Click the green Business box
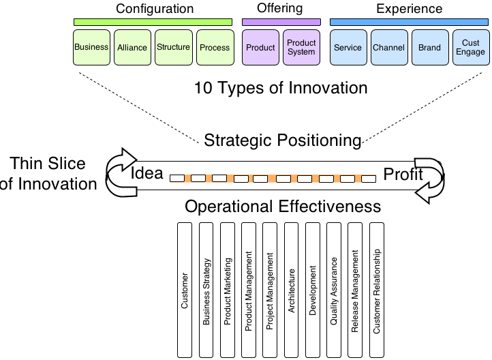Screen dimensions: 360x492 [x=91, y=48]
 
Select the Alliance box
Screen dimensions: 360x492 [x=132, y=48]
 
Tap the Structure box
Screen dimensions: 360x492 [x=173, y=48]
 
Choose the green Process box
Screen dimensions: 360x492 [x=215, y=48]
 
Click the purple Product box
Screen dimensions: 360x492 [x=260, y=48]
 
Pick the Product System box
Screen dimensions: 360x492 [x=301, y=48]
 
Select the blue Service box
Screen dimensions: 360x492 [x=348, y=48]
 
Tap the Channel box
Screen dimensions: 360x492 [x=389, y=48]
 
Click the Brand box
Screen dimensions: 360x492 [x=430, y=48]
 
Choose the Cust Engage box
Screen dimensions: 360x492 [x=470, y=48]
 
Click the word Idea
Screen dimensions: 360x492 [x=147, y=173]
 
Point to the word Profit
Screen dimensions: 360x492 [x=403, y=175]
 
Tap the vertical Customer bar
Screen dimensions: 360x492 [x=184, y=290]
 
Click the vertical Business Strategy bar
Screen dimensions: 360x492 [x=206, y=290]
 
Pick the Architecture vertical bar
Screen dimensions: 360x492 [x=292, y=290]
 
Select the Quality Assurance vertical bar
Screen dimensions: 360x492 [x=334, y=290]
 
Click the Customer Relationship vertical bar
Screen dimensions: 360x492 [x=376, y=290]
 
